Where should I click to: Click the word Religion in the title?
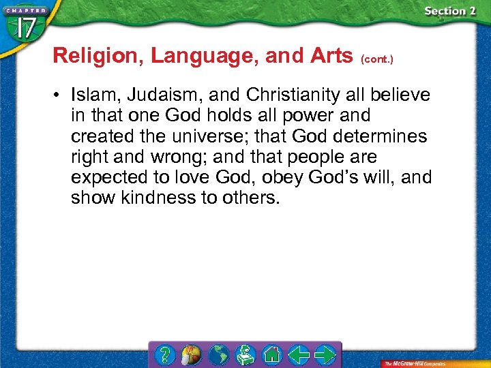(98, 56)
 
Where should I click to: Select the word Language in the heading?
(203, 56)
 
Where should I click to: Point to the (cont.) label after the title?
(377, 59)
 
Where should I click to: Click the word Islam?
(94, 95)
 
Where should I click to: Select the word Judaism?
(164, 95)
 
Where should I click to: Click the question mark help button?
(164, 354)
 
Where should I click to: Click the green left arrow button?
(298, 354)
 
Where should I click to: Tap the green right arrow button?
(324, 354)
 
